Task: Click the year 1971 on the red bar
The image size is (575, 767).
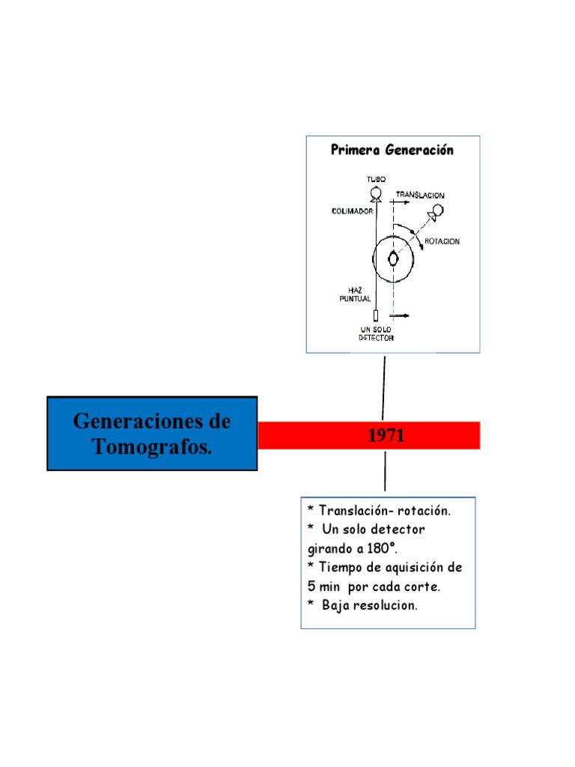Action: tap(386, 436)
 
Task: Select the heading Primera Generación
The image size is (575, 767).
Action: tap(392, 150)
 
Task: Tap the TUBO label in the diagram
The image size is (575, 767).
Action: tap(376, 181)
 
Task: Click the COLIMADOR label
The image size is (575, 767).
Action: tap(352, 211)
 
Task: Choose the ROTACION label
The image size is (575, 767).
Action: tap(442, 241)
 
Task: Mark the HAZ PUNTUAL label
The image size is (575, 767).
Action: tap(355, 294)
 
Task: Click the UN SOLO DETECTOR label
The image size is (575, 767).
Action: tap(376, 333)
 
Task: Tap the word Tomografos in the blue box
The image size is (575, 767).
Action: tap(151, 448)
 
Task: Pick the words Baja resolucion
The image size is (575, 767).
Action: tap(370, 604)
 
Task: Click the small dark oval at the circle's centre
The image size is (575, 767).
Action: tap(392, 259)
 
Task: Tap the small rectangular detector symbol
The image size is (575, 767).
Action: tap(376, 315)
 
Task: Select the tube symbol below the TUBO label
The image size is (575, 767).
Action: tap(376, 194)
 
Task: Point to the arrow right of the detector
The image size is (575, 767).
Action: tap(400, 316)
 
